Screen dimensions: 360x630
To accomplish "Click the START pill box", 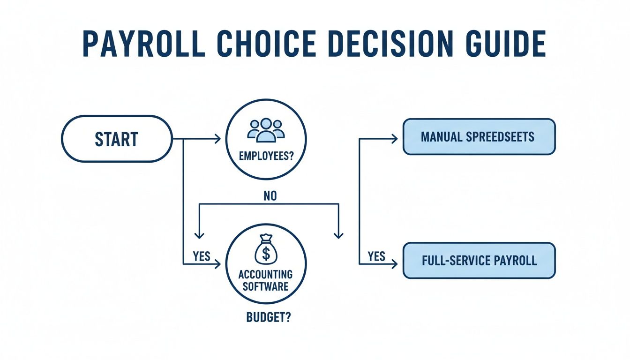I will coord(117,139).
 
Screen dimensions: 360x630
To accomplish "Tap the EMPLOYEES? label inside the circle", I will coord(266,157).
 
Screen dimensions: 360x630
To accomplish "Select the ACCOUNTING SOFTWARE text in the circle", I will coord(266,280).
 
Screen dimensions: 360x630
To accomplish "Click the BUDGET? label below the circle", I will coord(268,317).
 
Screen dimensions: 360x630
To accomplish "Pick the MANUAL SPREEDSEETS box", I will coord(479,137).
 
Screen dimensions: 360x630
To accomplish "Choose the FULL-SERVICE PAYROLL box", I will coord(479,261).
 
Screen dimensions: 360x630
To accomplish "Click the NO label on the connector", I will coord(270,196).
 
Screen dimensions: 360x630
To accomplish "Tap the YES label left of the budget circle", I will coord(202,256).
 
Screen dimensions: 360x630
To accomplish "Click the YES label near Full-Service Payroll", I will coord(376,256).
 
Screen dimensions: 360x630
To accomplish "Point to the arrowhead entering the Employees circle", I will coord(217,139).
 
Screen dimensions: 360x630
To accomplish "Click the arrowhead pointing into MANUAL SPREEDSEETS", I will coord(395,139).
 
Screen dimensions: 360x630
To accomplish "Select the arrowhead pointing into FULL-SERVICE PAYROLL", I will coord(395,264).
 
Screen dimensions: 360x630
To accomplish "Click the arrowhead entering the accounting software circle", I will coord(217,264).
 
